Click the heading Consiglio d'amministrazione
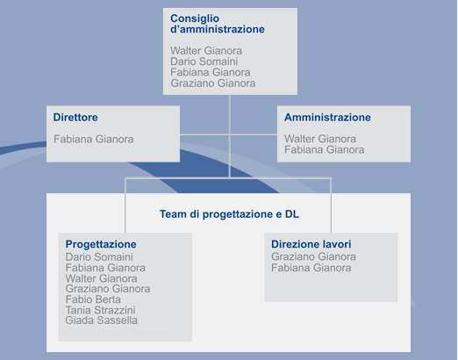coord(218,24)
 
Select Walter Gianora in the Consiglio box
coord(206,51)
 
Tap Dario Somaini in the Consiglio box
coord(204,61)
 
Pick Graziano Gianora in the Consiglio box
coord(213,83)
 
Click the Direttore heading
coord(75,117)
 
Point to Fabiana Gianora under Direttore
coord(94,139)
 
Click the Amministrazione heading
coord(327,117)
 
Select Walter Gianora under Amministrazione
coord(320,139)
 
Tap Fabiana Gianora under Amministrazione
coord(325,149)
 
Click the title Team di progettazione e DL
coord(229,214)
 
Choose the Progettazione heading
coord(101,244)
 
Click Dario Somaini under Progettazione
coord(99,257)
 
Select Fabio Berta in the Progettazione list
coord(93,299)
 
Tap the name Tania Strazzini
coord(100,310)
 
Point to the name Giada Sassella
coord(101,320)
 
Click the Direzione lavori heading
coord(311,244)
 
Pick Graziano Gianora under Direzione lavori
coord(313,256)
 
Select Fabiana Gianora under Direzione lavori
coord(311,268)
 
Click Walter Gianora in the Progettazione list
coord(101,278)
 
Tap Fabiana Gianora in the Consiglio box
coord(211,72)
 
